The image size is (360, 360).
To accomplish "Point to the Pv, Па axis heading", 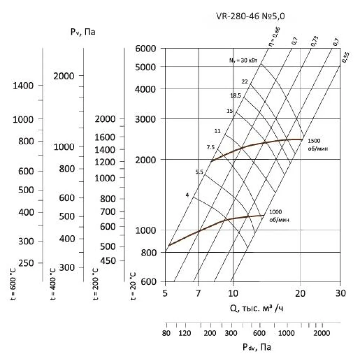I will tap(83, 32).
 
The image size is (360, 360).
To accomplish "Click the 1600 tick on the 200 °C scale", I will tap(105, 137).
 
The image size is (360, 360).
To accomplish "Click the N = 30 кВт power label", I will tap(243, 60).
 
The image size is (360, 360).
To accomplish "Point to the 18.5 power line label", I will tap(235, 95).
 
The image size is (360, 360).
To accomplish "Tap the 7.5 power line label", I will tap(211, 147).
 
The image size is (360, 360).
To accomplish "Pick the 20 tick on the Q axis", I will tap(301, 293).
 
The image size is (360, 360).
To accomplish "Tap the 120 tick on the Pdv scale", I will tap(185, 332).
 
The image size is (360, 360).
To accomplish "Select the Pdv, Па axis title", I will tap(257, 347).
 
